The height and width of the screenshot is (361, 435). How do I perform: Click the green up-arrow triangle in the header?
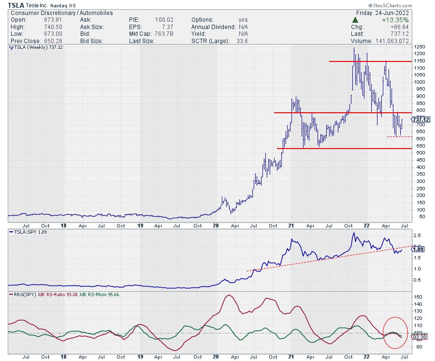(x=356, y=20)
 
